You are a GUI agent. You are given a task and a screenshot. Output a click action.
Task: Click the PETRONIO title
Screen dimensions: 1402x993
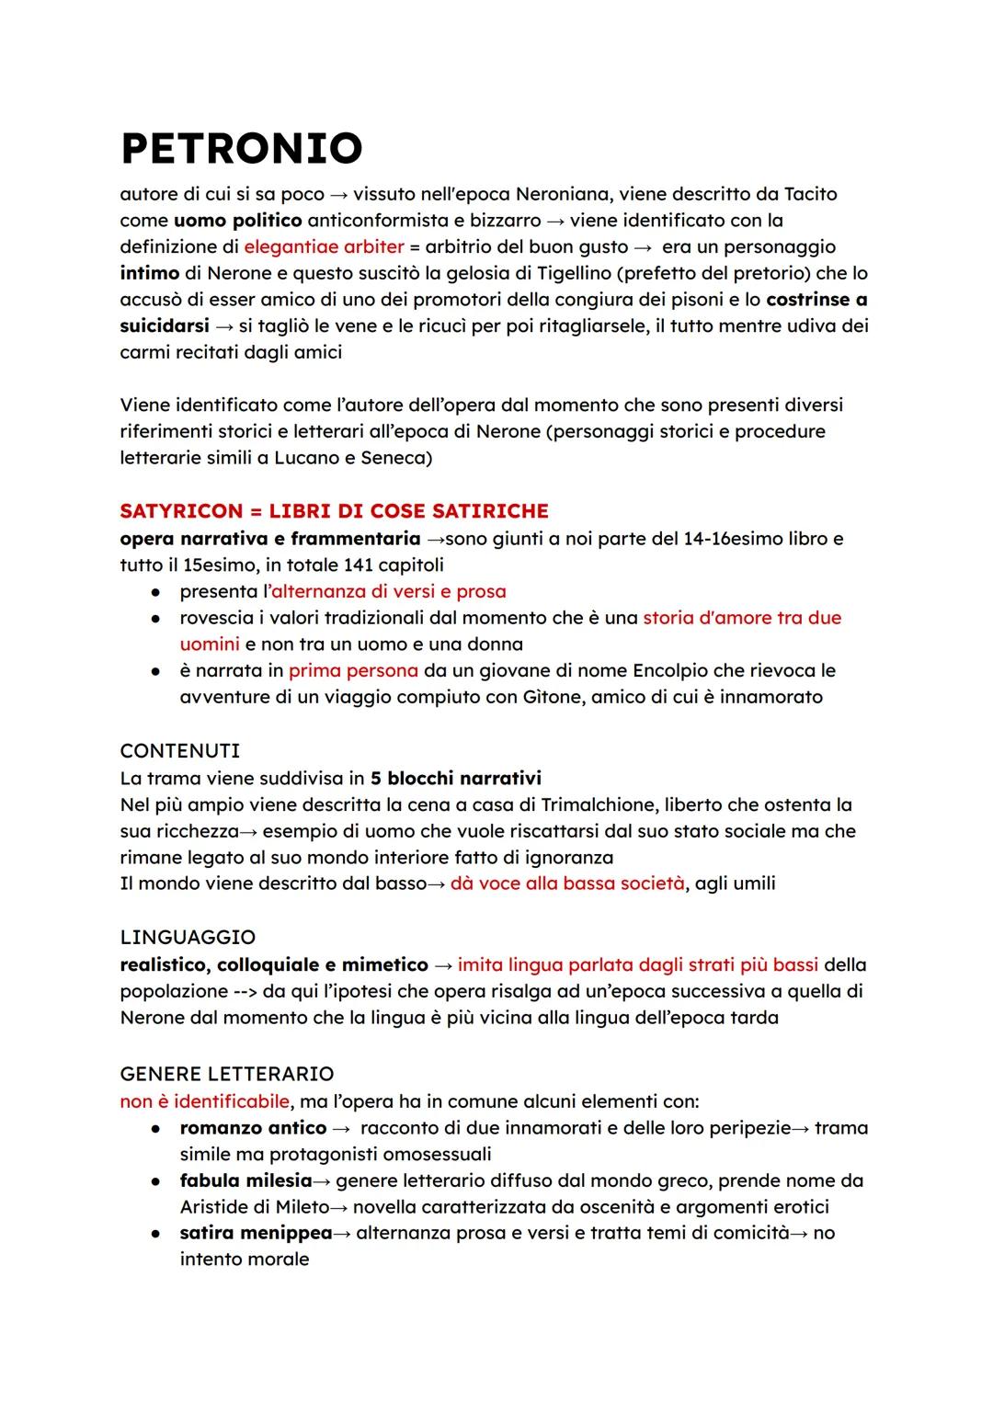click(241, 147)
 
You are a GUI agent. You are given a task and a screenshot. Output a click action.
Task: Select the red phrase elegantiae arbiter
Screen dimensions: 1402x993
click(324, 246)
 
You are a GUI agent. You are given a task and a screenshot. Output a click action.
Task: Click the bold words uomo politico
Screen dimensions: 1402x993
click(237, 221)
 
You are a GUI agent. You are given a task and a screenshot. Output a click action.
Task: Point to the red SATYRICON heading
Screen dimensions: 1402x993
click(334, 510)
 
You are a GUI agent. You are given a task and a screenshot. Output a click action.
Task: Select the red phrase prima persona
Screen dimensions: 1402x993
click(353, 670)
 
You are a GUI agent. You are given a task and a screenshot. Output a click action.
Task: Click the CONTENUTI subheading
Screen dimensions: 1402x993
click(179, 750)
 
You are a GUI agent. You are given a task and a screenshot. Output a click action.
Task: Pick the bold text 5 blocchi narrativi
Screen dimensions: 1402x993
click(455, 778)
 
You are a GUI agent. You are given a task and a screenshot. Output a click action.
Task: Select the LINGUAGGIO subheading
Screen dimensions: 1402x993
click(188, 937)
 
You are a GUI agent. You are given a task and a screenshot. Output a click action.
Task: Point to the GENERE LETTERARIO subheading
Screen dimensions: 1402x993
click(226, 1073)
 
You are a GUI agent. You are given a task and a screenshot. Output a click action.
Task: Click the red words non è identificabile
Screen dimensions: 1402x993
click(204, 1100)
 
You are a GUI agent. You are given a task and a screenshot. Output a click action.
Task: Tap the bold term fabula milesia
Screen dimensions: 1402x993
click(245, 1180)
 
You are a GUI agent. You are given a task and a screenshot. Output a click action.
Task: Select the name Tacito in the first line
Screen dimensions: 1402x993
click(809, 194)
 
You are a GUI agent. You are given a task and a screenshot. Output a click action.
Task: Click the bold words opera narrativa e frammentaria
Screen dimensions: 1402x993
click(269, 538)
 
